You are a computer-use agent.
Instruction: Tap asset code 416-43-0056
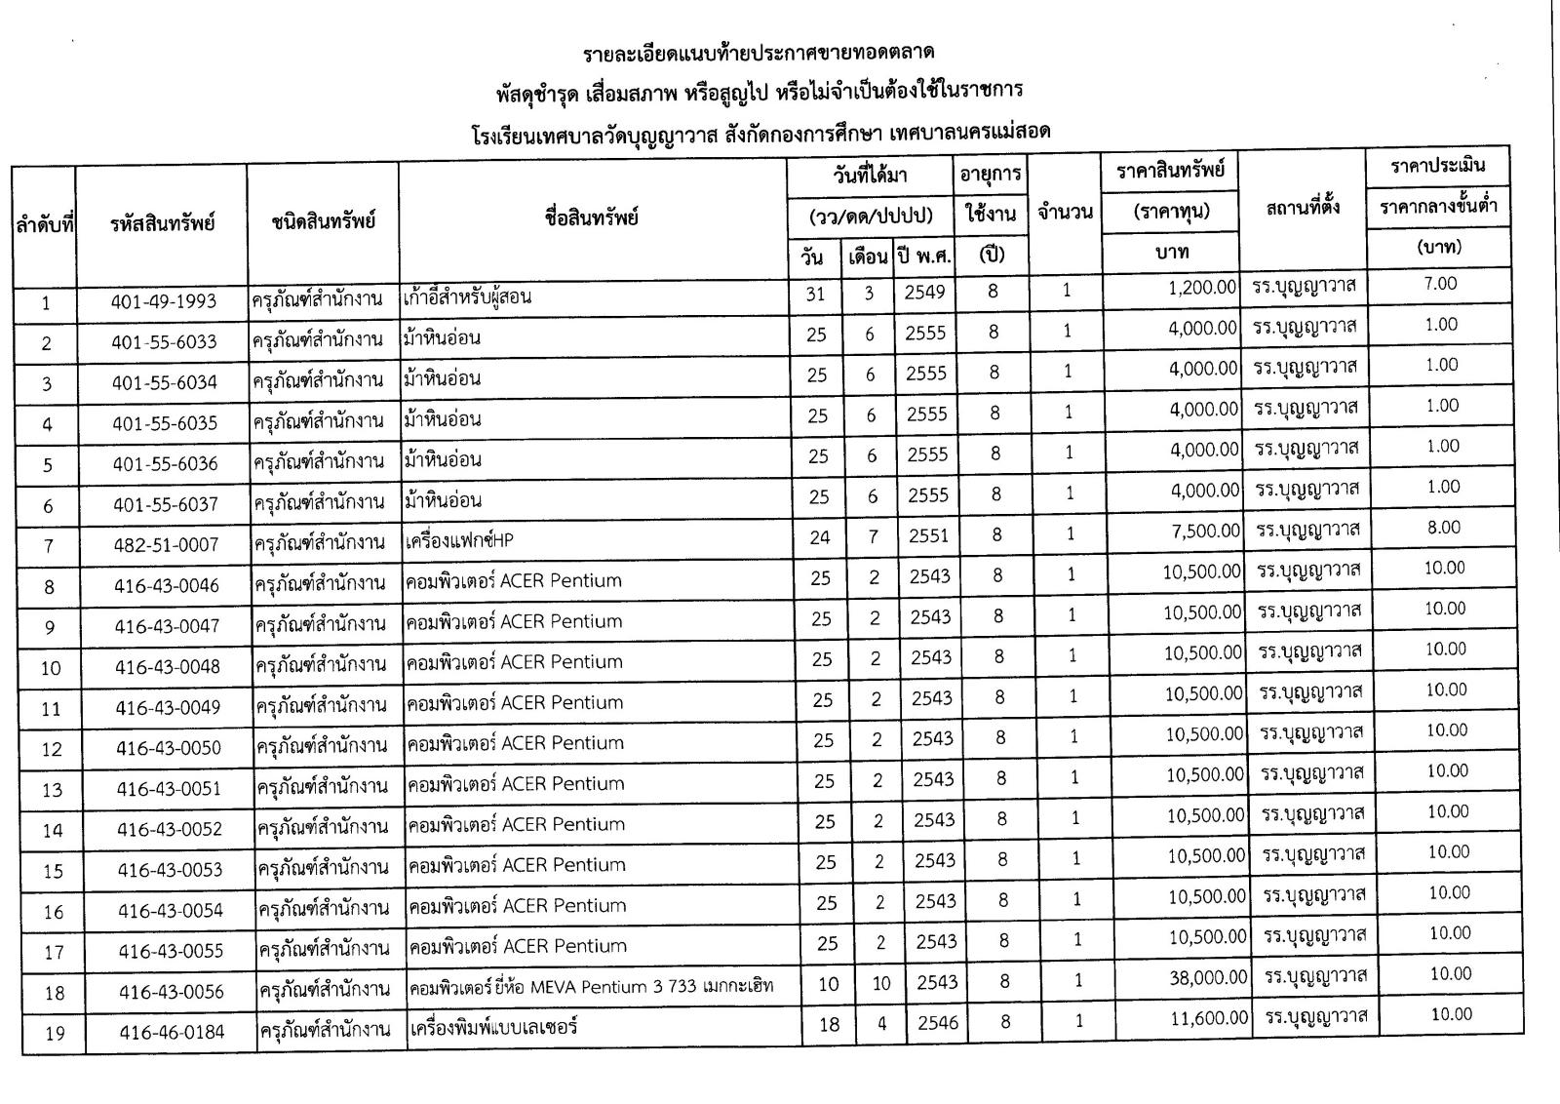pos(172,992)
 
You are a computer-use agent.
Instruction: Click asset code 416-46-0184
pos(173,1032)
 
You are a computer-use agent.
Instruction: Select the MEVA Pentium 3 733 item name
pos(591,986)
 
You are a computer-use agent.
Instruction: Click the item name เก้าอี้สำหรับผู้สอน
pos(467,296)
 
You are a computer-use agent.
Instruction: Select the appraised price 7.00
pos(1440,284)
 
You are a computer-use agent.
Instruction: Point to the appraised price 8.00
pos(1444,528)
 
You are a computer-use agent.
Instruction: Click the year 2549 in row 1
pos(924,292)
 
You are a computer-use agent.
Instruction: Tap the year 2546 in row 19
pos(939,1022)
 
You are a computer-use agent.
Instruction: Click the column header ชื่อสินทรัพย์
pos(592,217)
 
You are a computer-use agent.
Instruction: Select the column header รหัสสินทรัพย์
pos(162,223)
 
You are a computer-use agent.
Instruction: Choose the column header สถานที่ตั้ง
pos(1303,208)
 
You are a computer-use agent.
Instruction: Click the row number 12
pos(52,749)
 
